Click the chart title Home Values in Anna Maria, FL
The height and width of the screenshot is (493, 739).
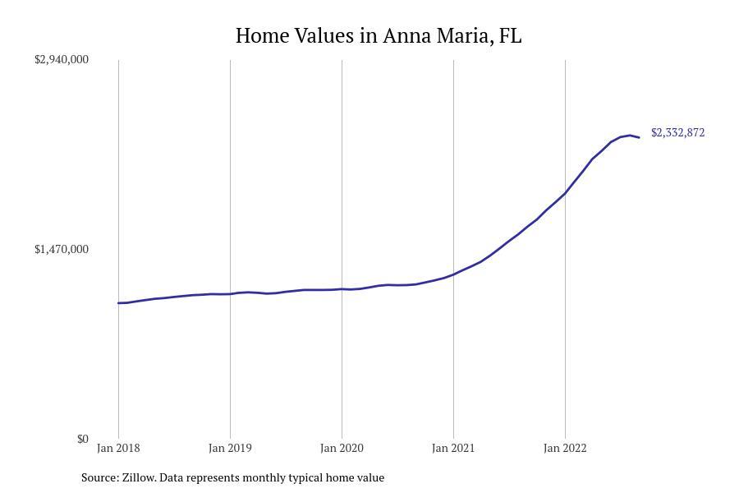coord(378,36)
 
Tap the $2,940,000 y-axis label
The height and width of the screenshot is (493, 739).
coord(62,59)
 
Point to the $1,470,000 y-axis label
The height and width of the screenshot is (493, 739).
coord(62,249)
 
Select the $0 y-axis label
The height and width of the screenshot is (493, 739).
coord(83,439)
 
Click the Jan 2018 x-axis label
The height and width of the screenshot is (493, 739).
coord(118,448)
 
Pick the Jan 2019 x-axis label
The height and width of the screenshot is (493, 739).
coord(230,448)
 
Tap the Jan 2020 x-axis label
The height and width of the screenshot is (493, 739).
coord(342,448)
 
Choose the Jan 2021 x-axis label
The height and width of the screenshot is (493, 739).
coord(453,448)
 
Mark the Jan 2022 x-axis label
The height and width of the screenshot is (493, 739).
coord(565,448)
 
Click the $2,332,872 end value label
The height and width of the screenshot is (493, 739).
coord(677,132)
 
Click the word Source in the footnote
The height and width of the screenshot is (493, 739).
coord(99,477)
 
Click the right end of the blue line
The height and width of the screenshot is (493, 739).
coord(639,137)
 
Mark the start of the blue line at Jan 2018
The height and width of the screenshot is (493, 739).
coord(119,303)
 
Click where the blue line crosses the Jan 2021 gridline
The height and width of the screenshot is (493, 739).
coord(453,274)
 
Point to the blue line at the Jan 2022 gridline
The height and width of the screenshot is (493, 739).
coord(565,193)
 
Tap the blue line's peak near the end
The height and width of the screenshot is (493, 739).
coord(630,135)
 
